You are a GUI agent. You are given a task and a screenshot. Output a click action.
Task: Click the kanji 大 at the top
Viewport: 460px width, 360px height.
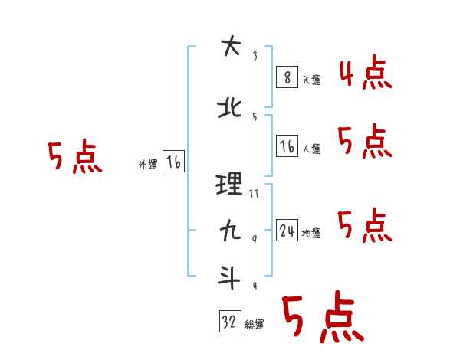pos(230,47)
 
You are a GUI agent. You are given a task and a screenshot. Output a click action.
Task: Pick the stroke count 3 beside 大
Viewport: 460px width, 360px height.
pos(255,55)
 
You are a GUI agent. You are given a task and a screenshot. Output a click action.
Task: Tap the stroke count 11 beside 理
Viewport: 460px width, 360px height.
pos(255,194)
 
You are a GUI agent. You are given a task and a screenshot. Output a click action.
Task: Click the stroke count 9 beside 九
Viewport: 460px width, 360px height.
pos(255,240)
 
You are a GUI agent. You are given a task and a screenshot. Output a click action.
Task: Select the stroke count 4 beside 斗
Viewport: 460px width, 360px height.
pos(255,286)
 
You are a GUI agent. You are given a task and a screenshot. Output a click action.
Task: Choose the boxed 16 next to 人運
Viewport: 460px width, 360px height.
pos(287,146)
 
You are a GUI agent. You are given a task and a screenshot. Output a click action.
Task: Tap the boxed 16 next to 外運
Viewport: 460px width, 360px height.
pos(173,162)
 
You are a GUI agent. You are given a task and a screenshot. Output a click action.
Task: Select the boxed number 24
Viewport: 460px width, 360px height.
pos(287,231)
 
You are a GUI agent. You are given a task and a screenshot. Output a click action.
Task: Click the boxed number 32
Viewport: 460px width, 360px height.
pos(229,322)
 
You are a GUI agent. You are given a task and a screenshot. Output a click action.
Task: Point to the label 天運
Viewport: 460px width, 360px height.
pos(311,80)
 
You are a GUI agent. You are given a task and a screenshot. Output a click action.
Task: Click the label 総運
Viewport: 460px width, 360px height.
pos(254,326)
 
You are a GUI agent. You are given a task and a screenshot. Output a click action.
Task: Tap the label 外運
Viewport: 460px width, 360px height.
pos(148,165)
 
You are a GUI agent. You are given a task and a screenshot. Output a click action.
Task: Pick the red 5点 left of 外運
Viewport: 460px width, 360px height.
pos(74,157)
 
